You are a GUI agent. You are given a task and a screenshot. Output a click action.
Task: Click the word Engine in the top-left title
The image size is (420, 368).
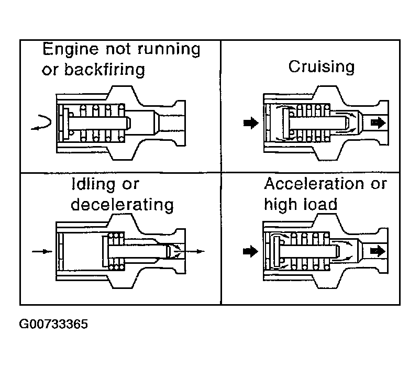tap(71, 50)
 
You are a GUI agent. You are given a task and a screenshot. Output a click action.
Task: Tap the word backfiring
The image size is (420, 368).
tap(105, 70)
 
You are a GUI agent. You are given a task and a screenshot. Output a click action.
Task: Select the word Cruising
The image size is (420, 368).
tap(322, 66)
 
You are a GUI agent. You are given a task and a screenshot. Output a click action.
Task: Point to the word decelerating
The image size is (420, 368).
tap(123, 205)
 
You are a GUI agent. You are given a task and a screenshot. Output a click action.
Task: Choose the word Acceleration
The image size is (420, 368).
tap(314, 184)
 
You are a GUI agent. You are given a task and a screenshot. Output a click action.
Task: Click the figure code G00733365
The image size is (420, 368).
tap(53, 324)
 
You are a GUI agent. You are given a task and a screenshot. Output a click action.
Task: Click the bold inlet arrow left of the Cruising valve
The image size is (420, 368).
tap(251, 123)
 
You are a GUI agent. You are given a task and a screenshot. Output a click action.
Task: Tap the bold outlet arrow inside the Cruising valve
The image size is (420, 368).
tap(378, 123)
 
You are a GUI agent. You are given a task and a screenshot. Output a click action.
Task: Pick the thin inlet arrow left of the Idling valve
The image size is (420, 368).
tap(42, 251)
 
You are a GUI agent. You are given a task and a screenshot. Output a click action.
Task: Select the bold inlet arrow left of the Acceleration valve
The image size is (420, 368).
tap(250, 251)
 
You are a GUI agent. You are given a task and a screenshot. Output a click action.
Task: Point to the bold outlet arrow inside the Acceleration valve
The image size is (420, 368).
tap(378, 251)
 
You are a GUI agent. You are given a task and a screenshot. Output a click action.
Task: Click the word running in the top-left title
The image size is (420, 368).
tap(169, 50)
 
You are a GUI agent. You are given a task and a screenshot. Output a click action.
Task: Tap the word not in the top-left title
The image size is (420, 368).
tap(118, 50)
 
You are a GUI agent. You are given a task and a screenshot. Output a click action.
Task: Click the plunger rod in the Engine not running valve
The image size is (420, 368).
tap(99, 124)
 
